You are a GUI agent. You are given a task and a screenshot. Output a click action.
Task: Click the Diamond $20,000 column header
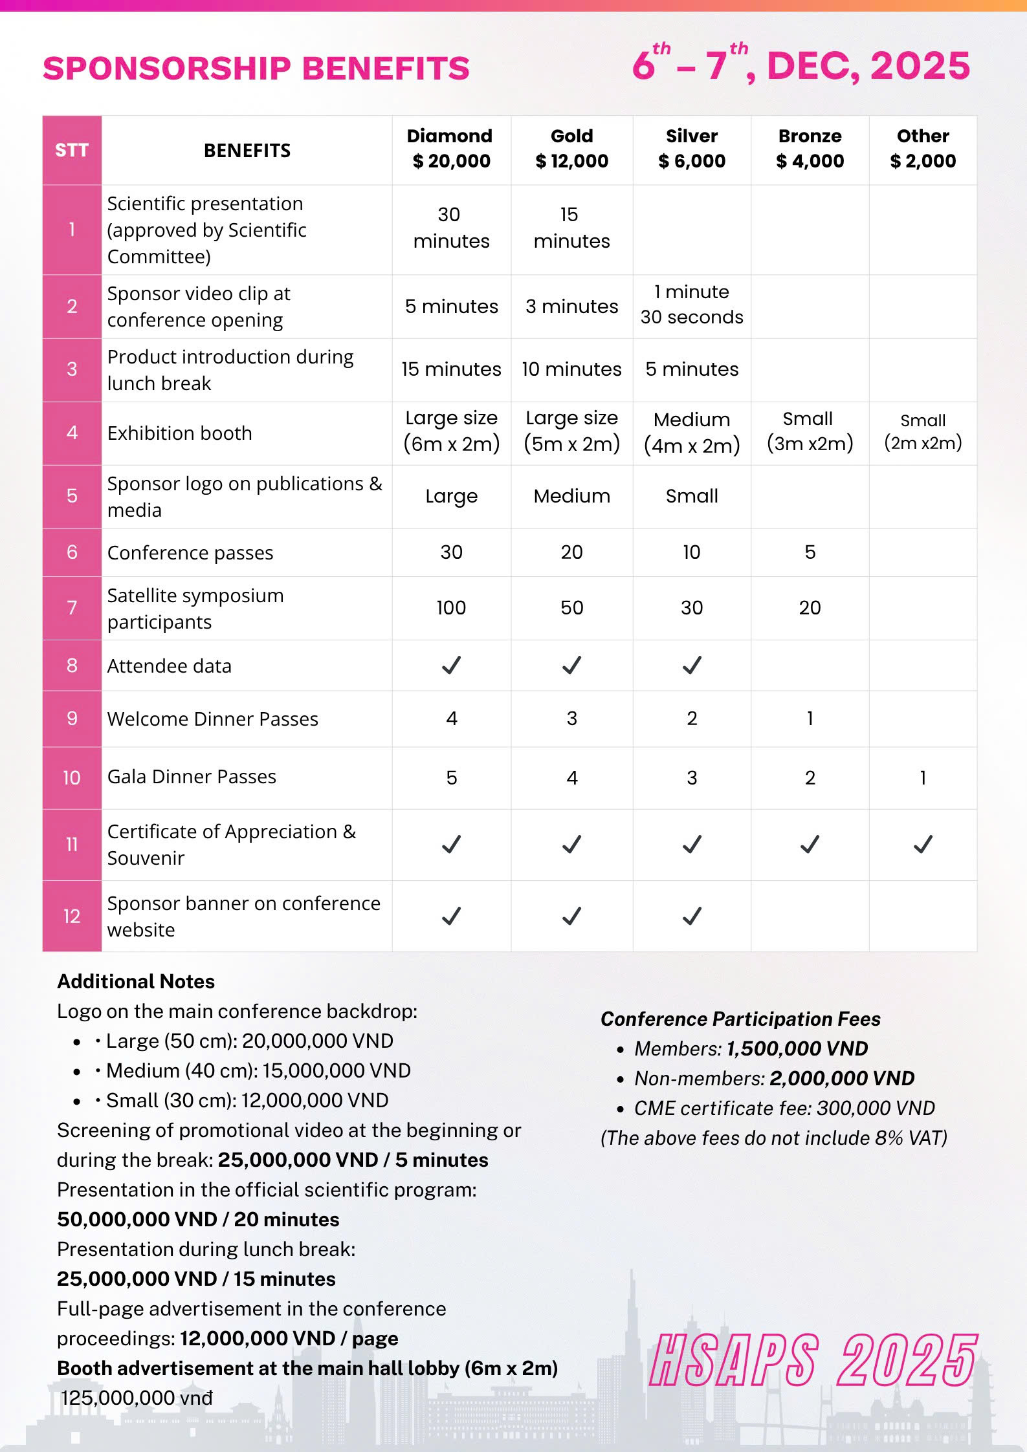pos(450,149)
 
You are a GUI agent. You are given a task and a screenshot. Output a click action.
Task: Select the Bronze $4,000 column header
pos(810,149)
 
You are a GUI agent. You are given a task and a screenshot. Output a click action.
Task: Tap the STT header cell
pos(72,150)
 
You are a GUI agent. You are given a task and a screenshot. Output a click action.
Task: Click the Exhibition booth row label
pos(180,433)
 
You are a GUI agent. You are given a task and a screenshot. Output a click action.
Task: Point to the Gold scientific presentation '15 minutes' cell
pos(571,228)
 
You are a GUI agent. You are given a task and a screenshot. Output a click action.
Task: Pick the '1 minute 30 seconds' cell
pos(691,305)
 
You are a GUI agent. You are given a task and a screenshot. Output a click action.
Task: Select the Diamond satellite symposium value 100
pos(451,608)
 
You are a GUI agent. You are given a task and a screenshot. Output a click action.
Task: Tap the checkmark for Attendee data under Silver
pos(692,666)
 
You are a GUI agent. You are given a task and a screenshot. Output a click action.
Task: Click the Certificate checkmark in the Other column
pos(923,844)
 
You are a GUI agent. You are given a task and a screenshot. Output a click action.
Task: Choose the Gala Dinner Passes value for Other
pos(923,778)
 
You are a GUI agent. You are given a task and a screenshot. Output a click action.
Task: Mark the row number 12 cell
pos(72,916)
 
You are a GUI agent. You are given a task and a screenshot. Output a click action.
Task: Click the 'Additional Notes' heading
pos(136,982)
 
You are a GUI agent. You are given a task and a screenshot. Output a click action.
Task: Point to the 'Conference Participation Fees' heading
pos(740,1019)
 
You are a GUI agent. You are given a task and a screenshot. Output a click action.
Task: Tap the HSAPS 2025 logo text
pos(813,1360)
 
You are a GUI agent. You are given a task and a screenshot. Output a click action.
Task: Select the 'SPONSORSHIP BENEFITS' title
pos(256,69)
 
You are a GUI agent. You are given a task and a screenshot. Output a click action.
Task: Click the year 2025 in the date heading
pos(920,66)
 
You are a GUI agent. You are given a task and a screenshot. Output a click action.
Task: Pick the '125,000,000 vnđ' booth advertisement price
pos(137,1398)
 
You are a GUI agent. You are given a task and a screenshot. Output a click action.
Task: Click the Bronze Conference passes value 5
pos(810,552)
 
